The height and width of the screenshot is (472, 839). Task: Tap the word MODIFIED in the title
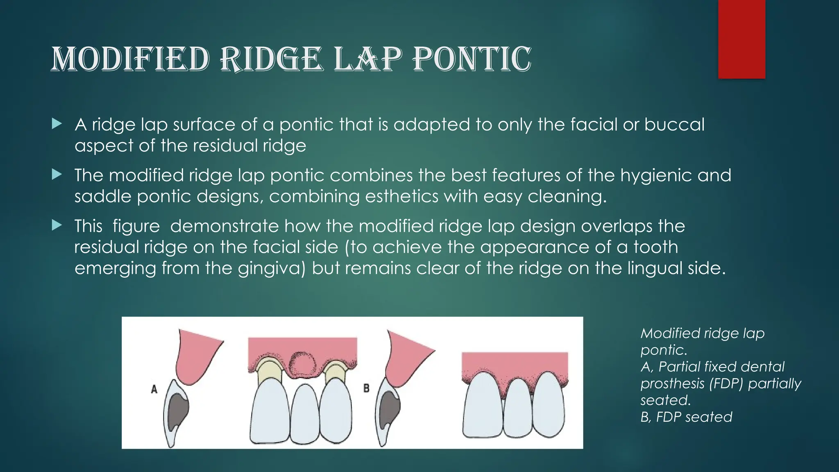(x=130, y=59)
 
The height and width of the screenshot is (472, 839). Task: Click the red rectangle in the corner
(x=741, y=39)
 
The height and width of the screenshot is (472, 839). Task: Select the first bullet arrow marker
(x=57, y=123)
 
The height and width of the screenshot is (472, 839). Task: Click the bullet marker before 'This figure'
(x=57, y=225)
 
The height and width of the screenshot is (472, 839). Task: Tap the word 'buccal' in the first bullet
(x=674, y=125)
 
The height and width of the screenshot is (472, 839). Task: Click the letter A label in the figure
(x=154, y=389)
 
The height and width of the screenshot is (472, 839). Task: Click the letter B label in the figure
(x=366, y=388)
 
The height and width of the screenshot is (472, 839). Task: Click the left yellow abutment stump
(x=268, y=370)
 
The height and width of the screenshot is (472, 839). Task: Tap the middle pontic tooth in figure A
(x=304, y=414)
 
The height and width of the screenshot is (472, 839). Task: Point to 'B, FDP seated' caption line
(x=686, y=417)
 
